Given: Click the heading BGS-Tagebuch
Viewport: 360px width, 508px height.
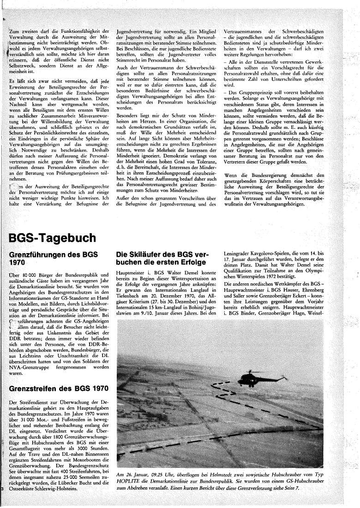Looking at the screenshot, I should (x=53, y=238).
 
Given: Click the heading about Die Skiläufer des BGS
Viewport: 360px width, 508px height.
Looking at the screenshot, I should (x=162, y=259).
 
